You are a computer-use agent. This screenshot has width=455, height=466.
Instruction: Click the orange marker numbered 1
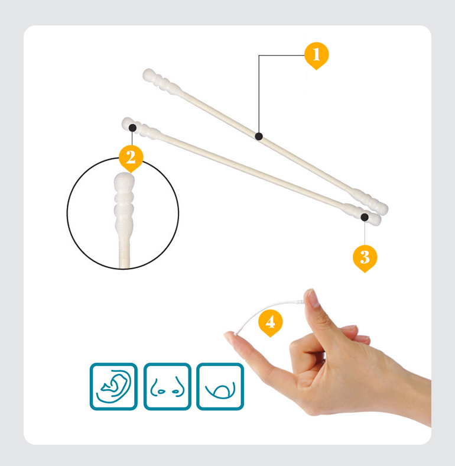tap(316, 55)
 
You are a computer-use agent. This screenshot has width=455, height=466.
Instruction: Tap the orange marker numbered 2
tap(131, 158)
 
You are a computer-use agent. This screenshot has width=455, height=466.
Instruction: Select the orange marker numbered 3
tap(365, 258)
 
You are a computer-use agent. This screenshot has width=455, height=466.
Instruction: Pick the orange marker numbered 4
tap(270, 322)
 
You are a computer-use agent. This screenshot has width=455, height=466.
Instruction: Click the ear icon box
tap(113, 386)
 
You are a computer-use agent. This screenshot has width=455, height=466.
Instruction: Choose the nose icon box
tap(167, 386)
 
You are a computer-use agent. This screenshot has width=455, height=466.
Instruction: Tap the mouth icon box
tap(220, 386)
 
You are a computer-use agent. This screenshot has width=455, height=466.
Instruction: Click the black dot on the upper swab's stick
tap(259, 137)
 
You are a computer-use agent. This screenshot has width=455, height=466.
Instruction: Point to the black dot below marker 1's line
tap(259, 137)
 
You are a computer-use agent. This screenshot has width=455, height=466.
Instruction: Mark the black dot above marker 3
tap(365, 217)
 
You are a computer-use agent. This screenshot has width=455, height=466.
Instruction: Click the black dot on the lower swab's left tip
tap(132, 128)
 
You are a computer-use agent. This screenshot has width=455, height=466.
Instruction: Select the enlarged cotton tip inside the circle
tap(124, 202)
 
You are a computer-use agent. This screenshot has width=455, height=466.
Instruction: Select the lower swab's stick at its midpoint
tap(253, 170)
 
